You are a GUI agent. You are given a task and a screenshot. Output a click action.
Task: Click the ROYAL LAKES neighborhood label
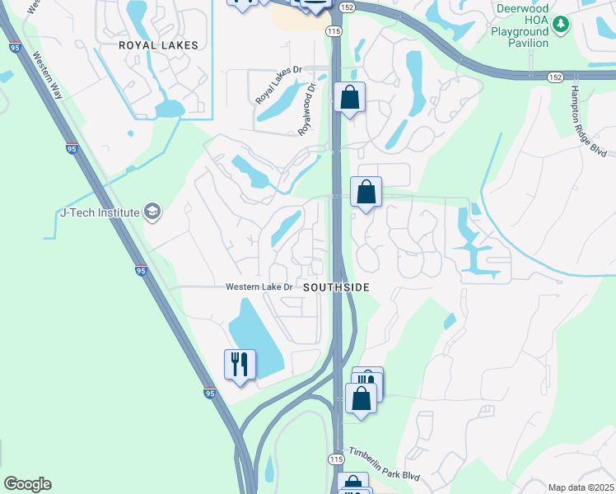click(159, 45)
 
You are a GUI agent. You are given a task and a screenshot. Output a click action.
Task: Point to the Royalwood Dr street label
click(306, 109)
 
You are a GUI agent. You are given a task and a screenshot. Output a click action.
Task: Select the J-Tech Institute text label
click(100, 212)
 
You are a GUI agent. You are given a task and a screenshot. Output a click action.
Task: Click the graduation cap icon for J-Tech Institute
click(152, 212)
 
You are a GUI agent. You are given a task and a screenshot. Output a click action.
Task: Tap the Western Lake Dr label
click(259, 287)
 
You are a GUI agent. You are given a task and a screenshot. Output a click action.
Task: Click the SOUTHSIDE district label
click(336, 287)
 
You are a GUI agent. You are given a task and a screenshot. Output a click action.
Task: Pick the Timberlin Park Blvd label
click(383, 464)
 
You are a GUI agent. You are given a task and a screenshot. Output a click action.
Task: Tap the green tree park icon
click(562, 24)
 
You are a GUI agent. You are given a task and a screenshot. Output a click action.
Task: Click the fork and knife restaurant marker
click(240, 363)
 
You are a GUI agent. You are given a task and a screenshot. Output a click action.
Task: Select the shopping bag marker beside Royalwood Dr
click(350, 97)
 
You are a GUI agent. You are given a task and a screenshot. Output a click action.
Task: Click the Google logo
click(27, 484)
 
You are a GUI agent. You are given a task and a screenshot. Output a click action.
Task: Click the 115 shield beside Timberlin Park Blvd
click(335, 459)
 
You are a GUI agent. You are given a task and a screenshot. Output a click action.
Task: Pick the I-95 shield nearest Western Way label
click(72, 149)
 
